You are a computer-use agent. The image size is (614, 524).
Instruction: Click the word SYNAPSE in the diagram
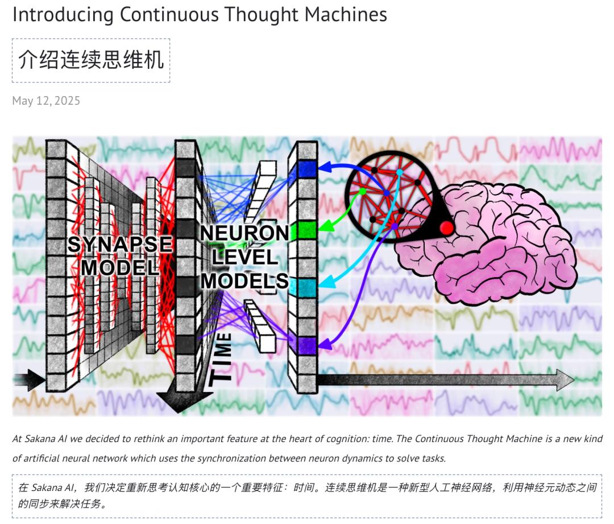click(x=119, y=245)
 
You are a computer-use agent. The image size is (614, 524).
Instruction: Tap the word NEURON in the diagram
click(x=244, y=233)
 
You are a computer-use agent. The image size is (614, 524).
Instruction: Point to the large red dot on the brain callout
click(x=447, y=229)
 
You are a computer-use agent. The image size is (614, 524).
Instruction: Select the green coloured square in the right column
click(x=307, y=230)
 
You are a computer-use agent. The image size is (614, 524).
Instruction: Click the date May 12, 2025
click(x=46, y=101)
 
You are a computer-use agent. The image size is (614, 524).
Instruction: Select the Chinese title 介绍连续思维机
click(x=91, y=60)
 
